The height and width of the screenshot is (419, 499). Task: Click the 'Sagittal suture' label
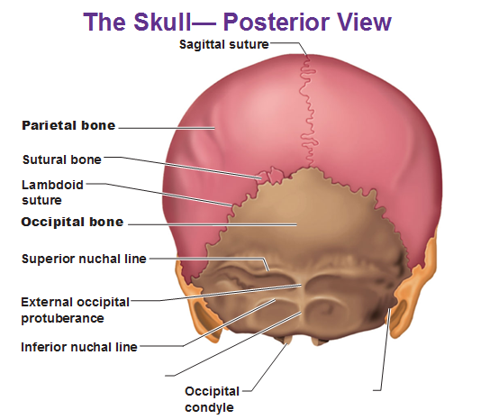pyautogui.click(x=224, y=44)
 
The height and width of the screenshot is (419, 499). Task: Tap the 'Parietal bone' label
pyautogui.click(x=68, y=125)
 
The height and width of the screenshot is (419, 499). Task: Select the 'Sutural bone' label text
pyautogui.click(x=62, y=159)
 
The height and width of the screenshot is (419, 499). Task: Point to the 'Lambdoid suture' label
pyautogui.click(x=52, y=192)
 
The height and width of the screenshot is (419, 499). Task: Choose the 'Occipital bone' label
pyautogui.click(x=72, y=222)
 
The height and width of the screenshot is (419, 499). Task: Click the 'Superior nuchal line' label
pyautogui.click(x=84, y=259)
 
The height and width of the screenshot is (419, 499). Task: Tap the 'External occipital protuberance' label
pyautogui.click(x=75, y=310)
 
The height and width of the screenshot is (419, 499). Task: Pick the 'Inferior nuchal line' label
pyautogui.click(x=79, y=347)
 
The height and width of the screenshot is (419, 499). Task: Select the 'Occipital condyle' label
pyautogui.click(x=212, y=399)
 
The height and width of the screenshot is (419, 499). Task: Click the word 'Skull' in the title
pyautogui.click(x=163, y=22)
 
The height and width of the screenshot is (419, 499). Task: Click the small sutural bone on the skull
pyautogui.click(x=271, y=175)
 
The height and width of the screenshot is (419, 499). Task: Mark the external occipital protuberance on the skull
pyautogui.click(x=304, y=286)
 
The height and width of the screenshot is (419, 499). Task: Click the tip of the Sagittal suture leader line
pyautogui.click(x=307, y=57)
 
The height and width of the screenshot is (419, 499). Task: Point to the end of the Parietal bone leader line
pyautogui.click(x=214, y=128)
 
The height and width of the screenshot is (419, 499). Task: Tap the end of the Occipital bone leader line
pyautogui.click(x=296, y=224)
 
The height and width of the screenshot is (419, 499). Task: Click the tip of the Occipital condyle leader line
pyautogui.click(x=287, y=343)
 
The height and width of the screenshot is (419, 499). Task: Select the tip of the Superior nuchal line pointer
pyautogui.click(x=268, y=270)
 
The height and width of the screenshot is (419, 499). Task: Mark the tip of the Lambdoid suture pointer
pyautogui.click(x=232, y=205)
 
